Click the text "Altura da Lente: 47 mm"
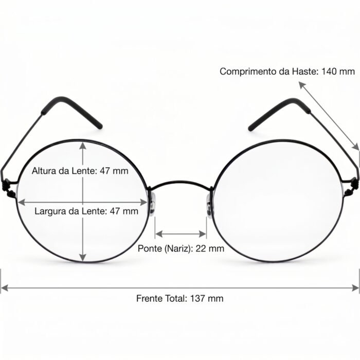(80, 171)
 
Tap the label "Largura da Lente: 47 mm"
(86, 211)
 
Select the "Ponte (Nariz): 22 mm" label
(181, 248)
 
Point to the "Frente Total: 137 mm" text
(180, 298)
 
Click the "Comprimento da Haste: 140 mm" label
(287, 71)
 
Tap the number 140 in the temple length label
(329, 71)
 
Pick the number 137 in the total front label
(197, 298)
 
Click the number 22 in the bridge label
(201, 248)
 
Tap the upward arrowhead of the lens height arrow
(83, 146)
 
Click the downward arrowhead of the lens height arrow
(83, 258)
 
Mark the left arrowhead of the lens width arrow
(22, 202)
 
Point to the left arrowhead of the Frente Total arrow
(5, 287)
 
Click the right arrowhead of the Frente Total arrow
(355, 287)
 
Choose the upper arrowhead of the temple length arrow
(302, 85)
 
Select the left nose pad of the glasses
(152, 204)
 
